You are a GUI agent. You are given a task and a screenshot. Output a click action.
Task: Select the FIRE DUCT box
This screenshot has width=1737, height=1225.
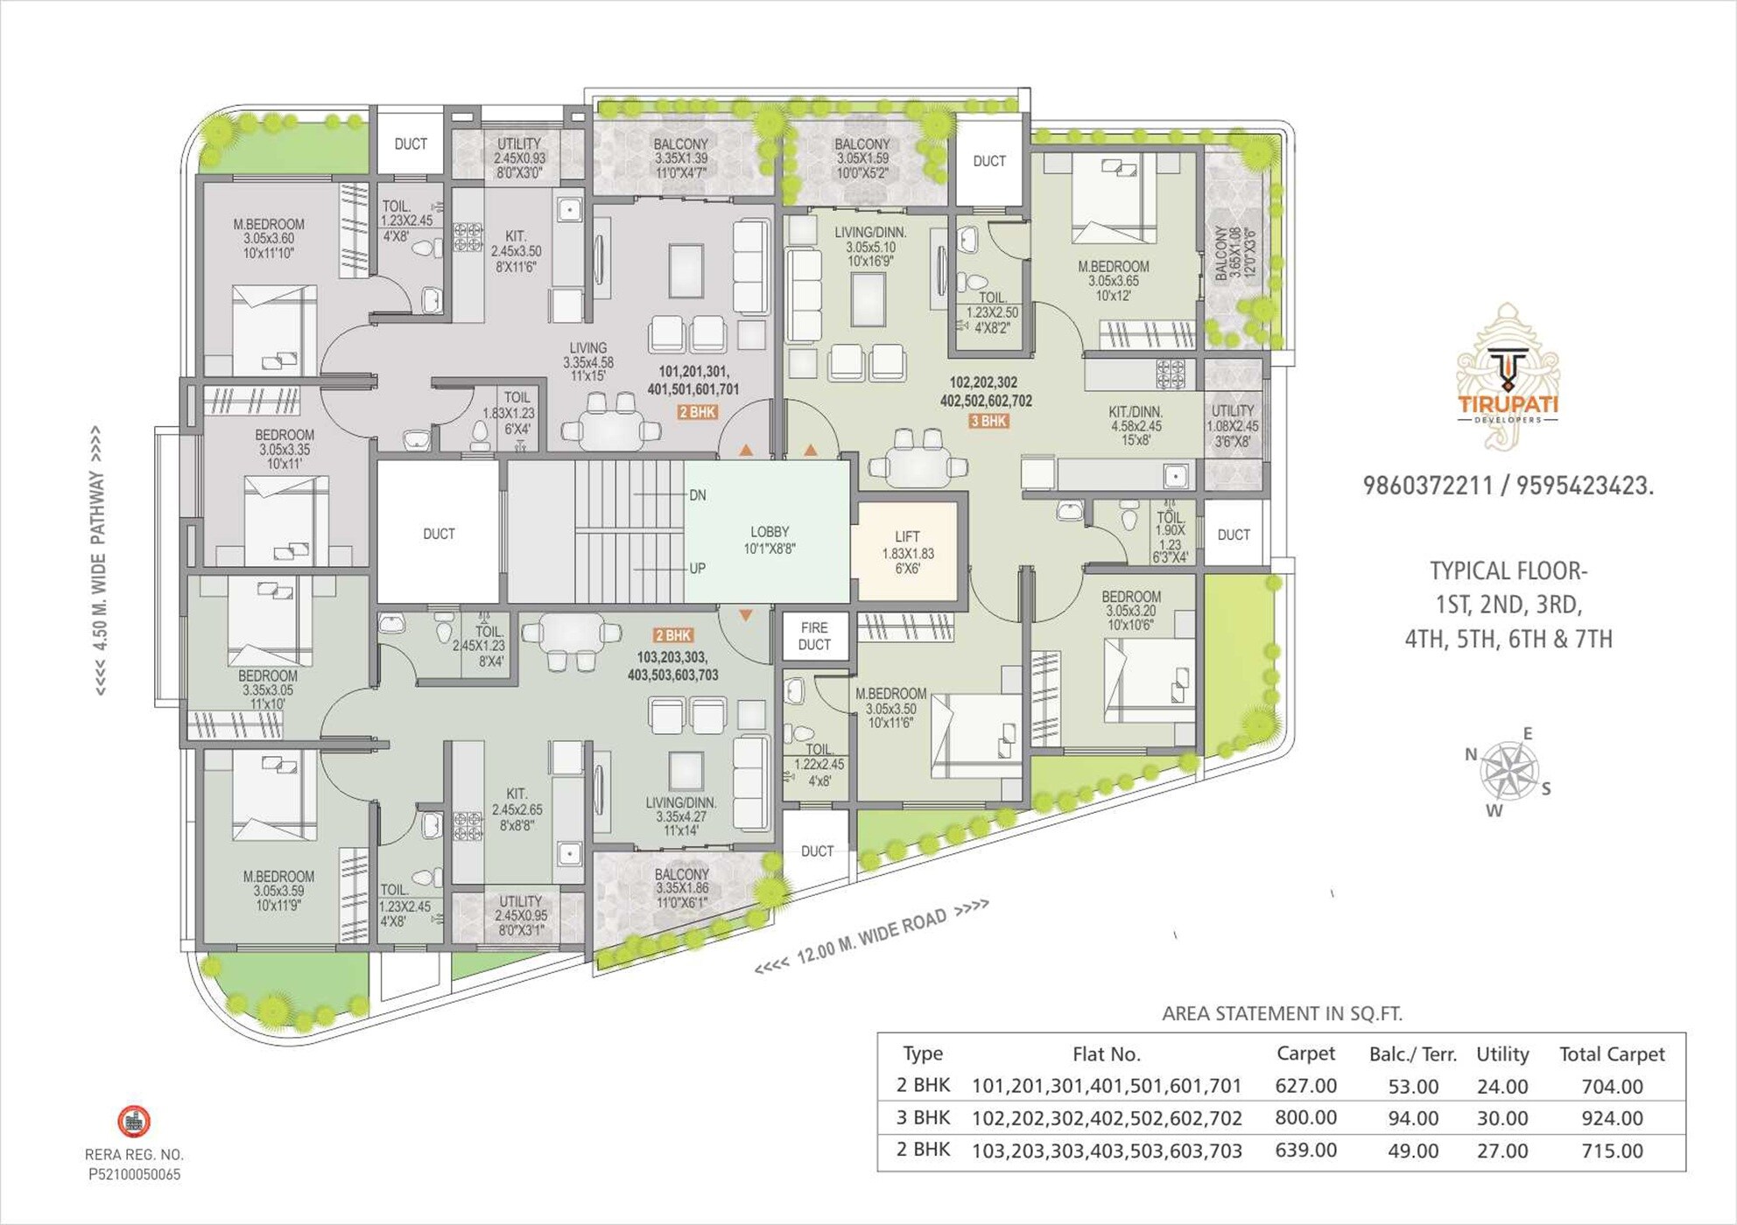coord(813,636)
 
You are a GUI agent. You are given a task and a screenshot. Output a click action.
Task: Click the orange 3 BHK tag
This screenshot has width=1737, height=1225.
coord(988,422)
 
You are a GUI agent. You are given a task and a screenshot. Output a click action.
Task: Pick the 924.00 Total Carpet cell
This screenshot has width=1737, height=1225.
coord(1612,1118)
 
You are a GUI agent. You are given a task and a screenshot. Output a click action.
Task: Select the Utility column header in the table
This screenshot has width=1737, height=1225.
coord(1502,1054)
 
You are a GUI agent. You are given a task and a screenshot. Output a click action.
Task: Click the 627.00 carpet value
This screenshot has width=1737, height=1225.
coord(1305,1086)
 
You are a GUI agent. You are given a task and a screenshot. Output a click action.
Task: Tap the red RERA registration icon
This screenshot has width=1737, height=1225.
coord(134,1121)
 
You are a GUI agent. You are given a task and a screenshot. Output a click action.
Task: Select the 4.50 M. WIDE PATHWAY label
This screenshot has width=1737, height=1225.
coord(97,561)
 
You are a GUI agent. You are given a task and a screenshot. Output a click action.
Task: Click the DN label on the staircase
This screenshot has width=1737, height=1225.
coord(697,495)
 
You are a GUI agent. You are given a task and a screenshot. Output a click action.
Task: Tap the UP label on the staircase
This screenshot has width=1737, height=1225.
coord(697,569)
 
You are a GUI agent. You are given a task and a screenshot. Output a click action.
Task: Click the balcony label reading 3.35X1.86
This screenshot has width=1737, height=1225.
coord(681,887)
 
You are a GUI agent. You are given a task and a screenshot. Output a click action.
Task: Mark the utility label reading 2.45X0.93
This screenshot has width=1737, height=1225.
coord(519,157)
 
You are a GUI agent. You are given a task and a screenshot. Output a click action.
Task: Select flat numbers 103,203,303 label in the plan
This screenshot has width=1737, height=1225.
coord(672,666)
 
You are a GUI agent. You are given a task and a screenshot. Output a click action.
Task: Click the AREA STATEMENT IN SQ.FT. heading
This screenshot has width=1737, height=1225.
coord(1282,1014)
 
